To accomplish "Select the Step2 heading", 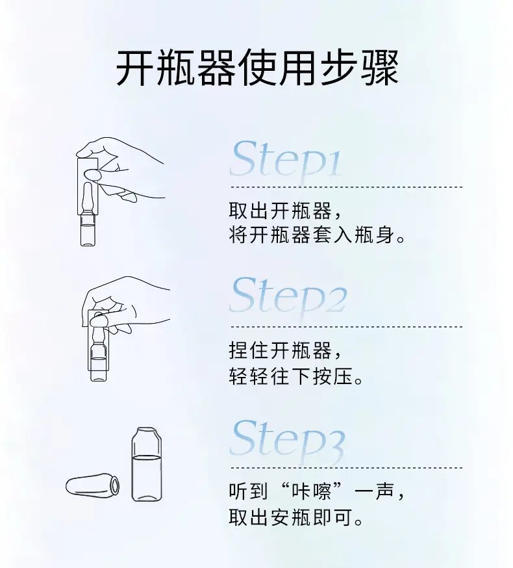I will pos(288,298).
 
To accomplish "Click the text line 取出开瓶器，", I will pos(284,211).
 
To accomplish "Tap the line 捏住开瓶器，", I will pos(284,352).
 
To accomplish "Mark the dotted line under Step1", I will pos(345,187).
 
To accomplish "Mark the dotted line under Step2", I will pos(345,327).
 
